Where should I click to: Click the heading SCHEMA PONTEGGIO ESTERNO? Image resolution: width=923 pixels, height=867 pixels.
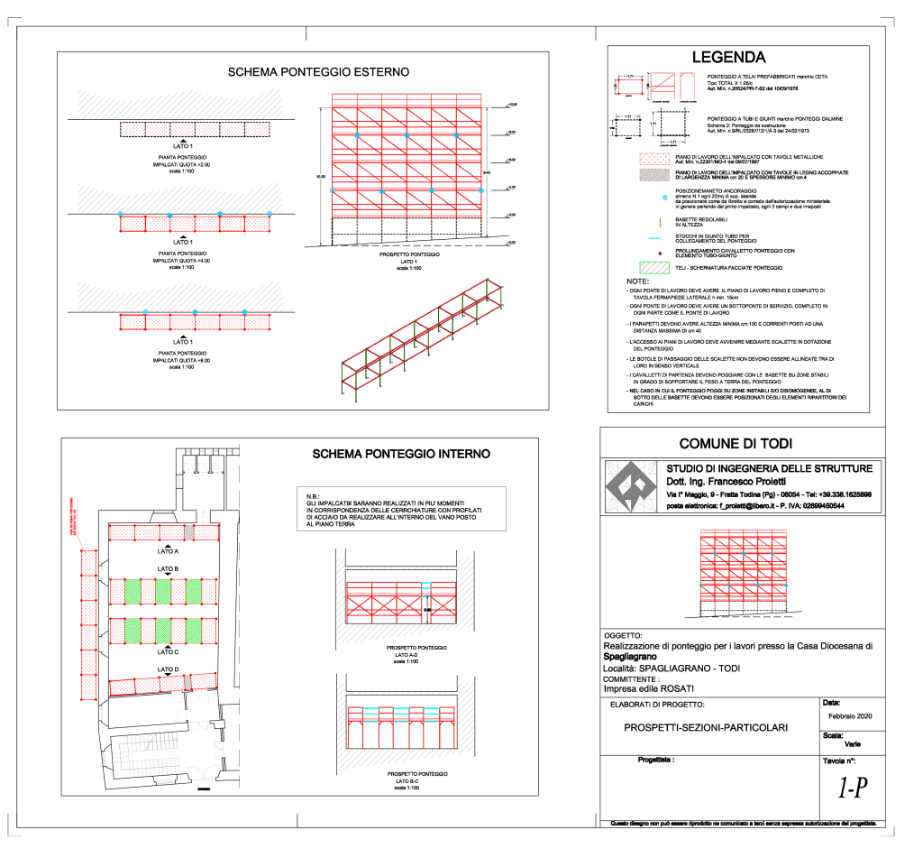coord(318,71)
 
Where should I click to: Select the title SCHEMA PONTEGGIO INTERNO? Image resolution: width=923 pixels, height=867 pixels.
coord(401,454)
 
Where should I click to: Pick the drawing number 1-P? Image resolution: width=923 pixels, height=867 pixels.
coord(852,789)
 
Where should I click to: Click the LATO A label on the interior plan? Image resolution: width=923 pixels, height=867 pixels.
coord(168,550)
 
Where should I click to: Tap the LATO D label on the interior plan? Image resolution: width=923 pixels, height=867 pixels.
coord(168,669)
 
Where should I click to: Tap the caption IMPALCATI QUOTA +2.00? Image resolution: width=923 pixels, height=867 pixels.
coord(183,165)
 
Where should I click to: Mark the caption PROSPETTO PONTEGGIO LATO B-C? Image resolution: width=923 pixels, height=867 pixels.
coord(416,780)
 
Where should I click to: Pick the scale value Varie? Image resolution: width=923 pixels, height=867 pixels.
coord(852,745)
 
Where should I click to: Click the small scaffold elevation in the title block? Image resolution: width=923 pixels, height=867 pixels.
coord(743,574)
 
